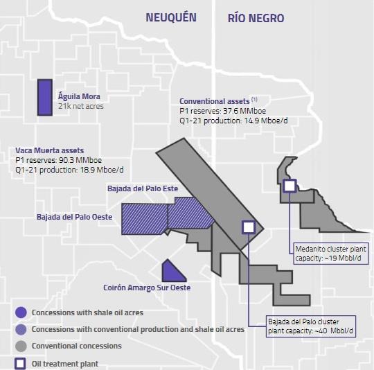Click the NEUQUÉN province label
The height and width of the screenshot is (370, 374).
coord(171,18)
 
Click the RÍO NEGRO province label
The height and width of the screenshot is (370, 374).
coord(256,18)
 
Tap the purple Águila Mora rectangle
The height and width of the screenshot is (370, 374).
coord(44,97)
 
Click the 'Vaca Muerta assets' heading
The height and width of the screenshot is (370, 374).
coord(49,150)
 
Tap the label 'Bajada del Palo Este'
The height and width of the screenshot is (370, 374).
coord(141,188)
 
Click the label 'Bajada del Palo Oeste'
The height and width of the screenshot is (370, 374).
coord(75,217)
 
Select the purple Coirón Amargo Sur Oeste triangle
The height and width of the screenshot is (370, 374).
coord(170,271)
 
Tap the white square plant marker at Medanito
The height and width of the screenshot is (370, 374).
coord(290,186)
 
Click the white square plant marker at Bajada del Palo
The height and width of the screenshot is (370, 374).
coord(248,227)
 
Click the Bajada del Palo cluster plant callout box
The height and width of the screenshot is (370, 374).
coord(310,326)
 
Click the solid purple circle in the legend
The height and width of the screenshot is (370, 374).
coord(21,312)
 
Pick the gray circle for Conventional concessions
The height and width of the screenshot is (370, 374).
coord(21,346)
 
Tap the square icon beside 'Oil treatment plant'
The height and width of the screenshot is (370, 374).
coord(21,362)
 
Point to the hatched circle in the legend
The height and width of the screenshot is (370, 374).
coord(21,329)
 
